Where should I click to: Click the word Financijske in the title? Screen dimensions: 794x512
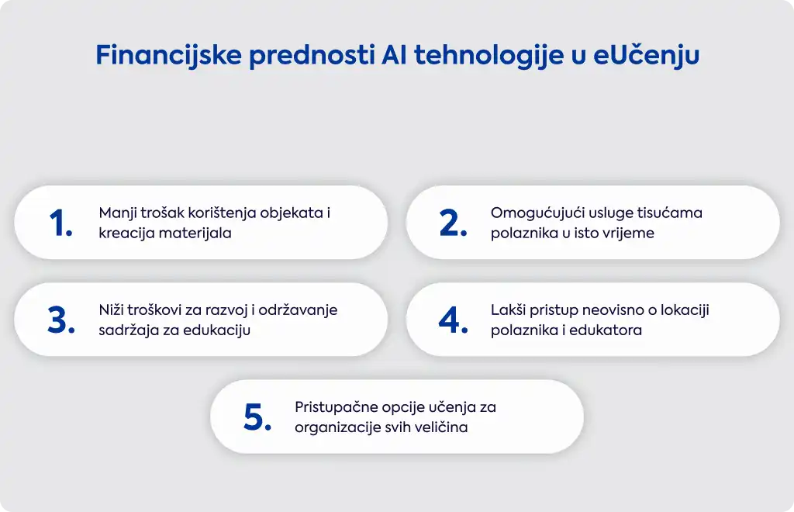click(x=168, y=55)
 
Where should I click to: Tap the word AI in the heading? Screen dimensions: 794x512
click(x=394, y=55)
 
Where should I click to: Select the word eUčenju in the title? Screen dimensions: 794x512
click(x=646, y=56)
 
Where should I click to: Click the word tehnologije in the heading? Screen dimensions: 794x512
click(x=488, y=56)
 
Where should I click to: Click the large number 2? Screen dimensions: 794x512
click(x=453, y=223)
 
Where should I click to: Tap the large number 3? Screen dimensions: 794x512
click(x=61, y=320)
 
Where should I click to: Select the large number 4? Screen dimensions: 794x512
click(x=453, y=320)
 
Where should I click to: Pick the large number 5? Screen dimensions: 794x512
click(x=257, y=417)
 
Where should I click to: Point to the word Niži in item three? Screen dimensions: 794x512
click(x=111, y=310)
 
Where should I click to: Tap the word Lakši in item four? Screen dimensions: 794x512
click(x=509, y=310)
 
